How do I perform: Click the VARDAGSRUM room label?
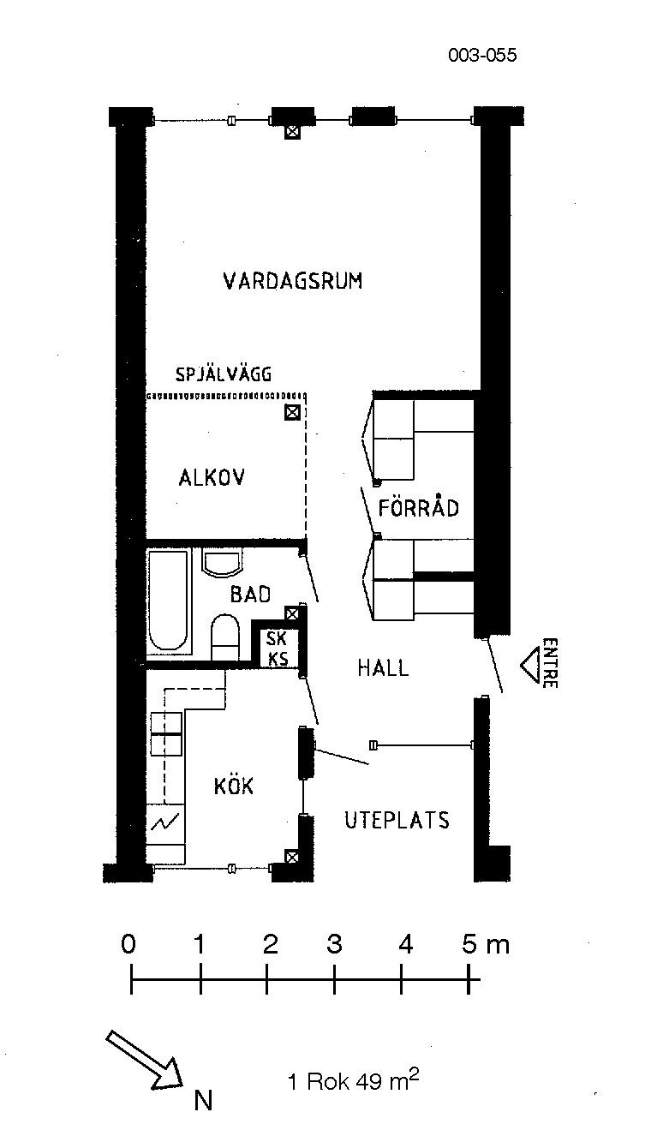point(293,281)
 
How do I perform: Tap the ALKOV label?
point(212,478)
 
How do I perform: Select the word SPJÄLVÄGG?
point(224,374)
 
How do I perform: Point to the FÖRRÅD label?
point(418,508)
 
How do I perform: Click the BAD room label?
point(250,594)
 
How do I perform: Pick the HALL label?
point(383,667)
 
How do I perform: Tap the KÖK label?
point(234,785)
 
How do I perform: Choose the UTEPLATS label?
point(397,820)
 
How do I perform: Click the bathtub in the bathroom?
point(168,601)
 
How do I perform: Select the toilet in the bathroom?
point(225,637)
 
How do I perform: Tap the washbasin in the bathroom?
point(222,563)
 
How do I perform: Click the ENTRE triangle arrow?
point(531,665)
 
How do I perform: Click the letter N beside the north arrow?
point(203,1100)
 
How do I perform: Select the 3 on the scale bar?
point(334,943)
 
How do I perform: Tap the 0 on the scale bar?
point(128,943)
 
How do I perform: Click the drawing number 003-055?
point(482,55)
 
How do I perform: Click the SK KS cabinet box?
point(278,648)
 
